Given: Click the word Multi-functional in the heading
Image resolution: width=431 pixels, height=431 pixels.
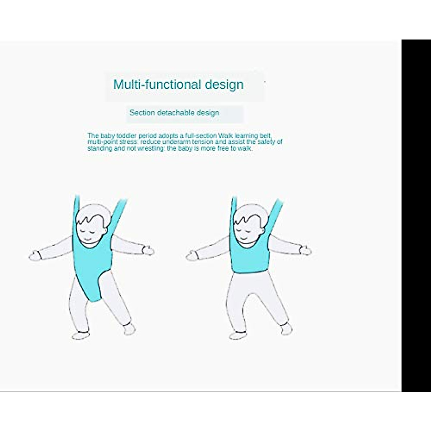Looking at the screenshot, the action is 157,84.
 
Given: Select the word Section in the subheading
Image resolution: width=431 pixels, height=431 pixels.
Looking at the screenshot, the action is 142,112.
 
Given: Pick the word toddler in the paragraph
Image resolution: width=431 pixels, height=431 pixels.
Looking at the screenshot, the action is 126,135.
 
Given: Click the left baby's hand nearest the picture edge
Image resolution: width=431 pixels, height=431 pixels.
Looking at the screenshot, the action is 35,256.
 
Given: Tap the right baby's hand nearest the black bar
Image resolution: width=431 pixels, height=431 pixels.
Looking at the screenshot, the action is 306,250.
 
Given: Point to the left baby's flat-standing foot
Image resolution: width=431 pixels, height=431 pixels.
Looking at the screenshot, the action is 81,335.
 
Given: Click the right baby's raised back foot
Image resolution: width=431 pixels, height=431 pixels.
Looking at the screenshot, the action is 286,329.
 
